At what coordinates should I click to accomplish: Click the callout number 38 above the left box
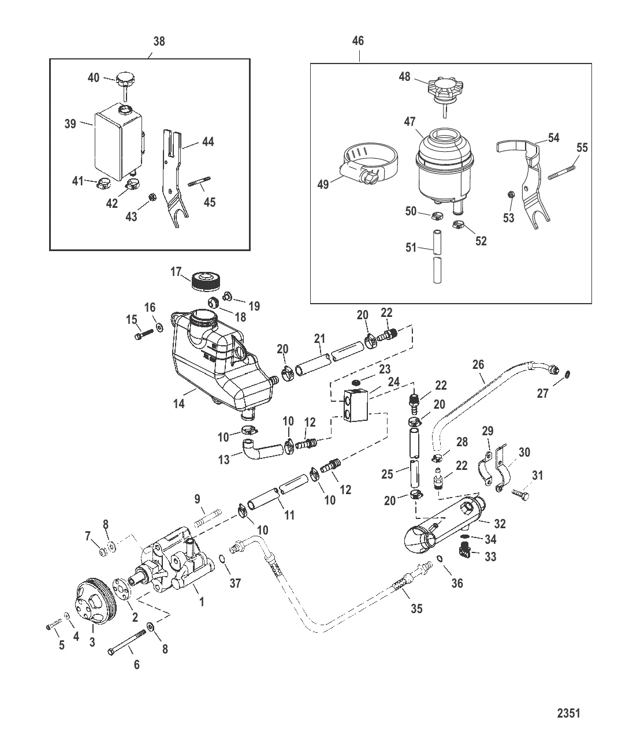coord(158,41)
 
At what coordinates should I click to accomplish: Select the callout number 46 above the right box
coord(358,41)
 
